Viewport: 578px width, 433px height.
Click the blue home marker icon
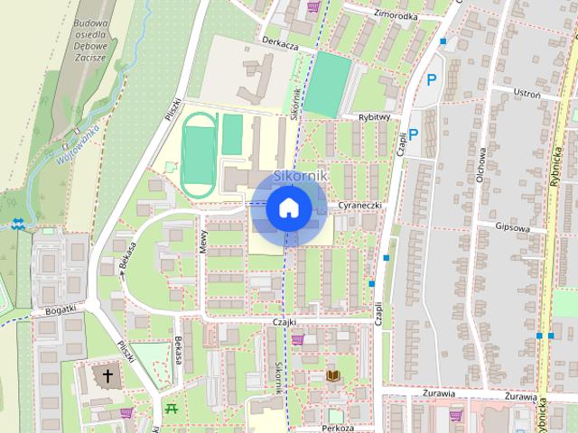click(288, 207)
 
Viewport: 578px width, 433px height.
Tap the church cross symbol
click(107, 374)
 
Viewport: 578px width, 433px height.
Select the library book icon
click(331, 375)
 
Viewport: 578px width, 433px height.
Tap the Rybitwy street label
click(372, 116)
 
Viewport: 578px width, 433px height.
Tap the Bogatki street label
click(59, 310)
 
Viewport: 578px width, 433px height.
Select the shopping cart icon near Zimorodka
click(312, 6)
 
